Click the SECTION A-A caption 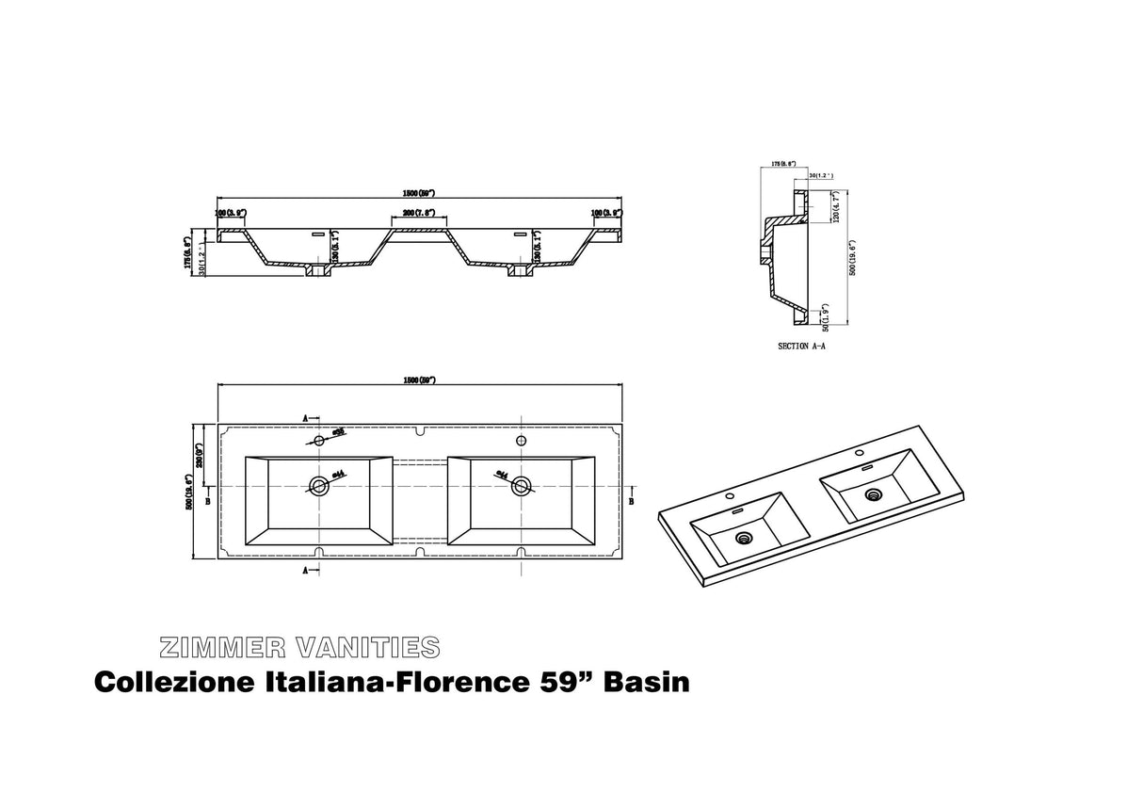pos(801,347)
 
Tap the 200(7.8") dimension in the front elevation pos(418,214)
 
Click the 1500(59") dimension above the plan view pos(419,380)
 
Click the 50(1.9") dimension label pos(825,317)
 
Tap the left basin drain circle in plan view pos(318,486)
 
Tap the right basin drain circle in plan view pos(520,486)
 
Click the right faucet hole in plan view pos(520,440)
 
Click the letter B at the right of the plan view pos(631,501)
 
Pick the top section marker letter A pos(305,416)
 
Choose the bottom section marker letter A pos(305,571)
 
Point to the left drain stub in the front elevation pos(316,272)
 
